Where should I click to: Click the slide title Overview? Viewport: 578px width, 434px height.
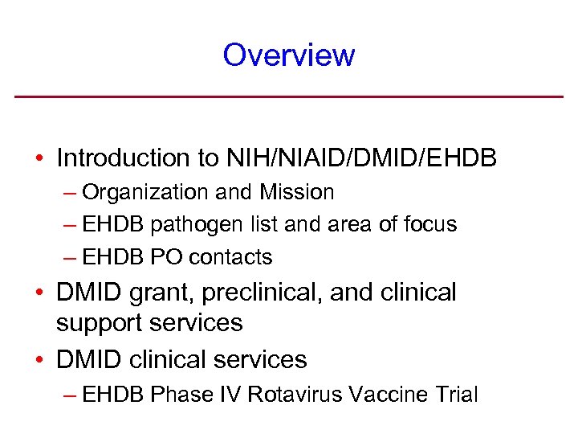tap(289, 55)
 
